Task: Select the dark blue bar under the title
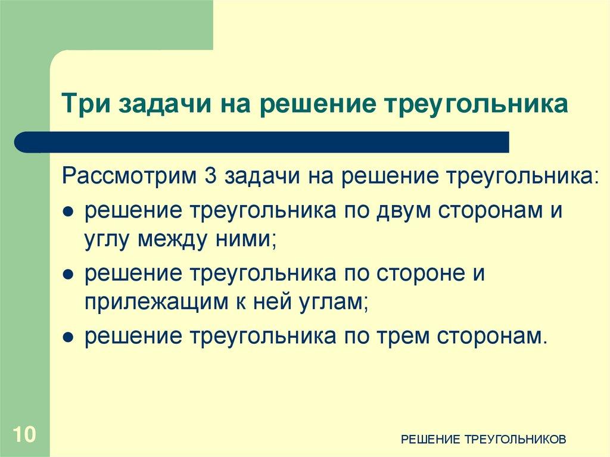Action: click(262, 142)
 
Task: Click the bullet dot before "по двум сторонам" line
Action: click(69, 212)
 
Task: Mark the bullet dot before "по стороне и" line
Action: click(69, 275)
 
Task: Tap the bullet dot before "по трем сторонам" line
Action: click(69, 338)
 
